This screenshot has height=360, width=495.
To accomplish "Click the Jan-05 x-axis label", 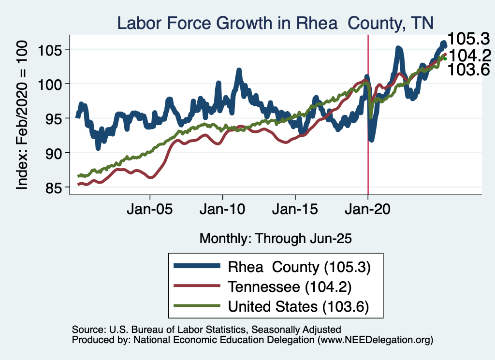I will point(150,211).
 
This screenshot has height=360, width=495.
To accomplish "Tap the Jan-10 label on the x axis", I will point(222,211).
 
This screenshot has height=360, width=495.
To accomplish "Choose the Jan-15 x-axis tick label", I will point(295,211).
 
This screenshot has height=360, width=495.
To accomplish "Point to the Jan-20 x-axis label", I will point(368,211).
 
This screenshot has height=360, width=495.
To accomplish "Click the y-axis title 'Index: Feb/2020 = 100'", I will point(22,114).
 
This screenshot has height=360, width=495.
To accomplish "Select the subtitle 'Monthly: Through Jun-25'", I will point(275,238).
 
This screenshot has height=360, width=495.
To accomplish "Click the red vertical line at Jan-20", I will point(368,145).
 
